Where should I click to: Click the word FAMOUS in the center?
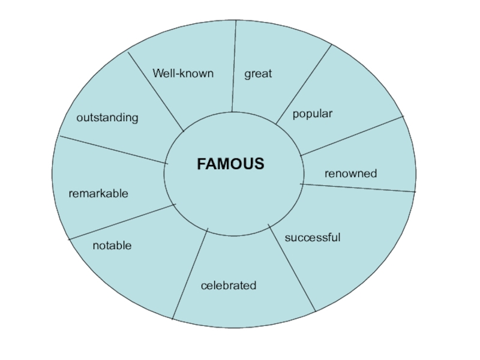(230, 164)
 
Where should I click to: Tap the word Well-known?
(183, 74)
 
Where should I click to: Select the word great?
(258, 74)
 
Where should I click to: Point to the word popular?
(313, 113)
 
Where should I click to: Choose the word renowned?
(351, 173)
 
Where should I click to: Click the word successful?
(313, 238)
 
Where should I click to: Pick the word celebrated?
(229, 286)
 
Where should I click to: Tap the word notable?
(112, 246)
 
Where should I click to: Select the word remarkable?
(98, 194)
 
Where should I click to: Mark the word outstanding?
(107, 118)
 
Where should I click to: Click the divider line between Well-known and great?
(233, 66)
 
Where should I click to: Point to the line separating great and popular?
(304, 84)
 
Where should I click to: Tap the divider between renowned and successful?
(358, 188)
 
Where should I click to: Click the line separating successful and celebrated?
(292, 269)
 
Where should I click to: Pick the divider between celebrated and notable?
(190, 274)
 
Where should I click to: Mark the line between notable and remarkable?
(122, 222)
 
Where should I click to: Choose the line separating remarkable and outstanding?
(113, 149)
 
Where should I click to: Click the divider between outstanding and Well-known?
(156, 91)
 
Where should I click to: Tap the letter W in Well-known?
(158, 74)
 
